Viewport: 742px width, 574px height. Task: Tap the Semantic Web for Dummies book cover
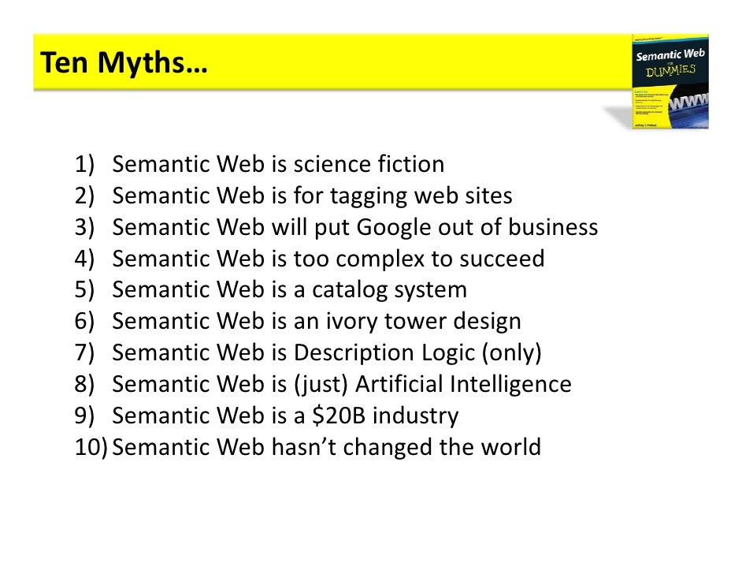(x=670, y=81)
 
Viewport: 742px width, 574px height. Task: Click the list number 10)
(x=91, y=448)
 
